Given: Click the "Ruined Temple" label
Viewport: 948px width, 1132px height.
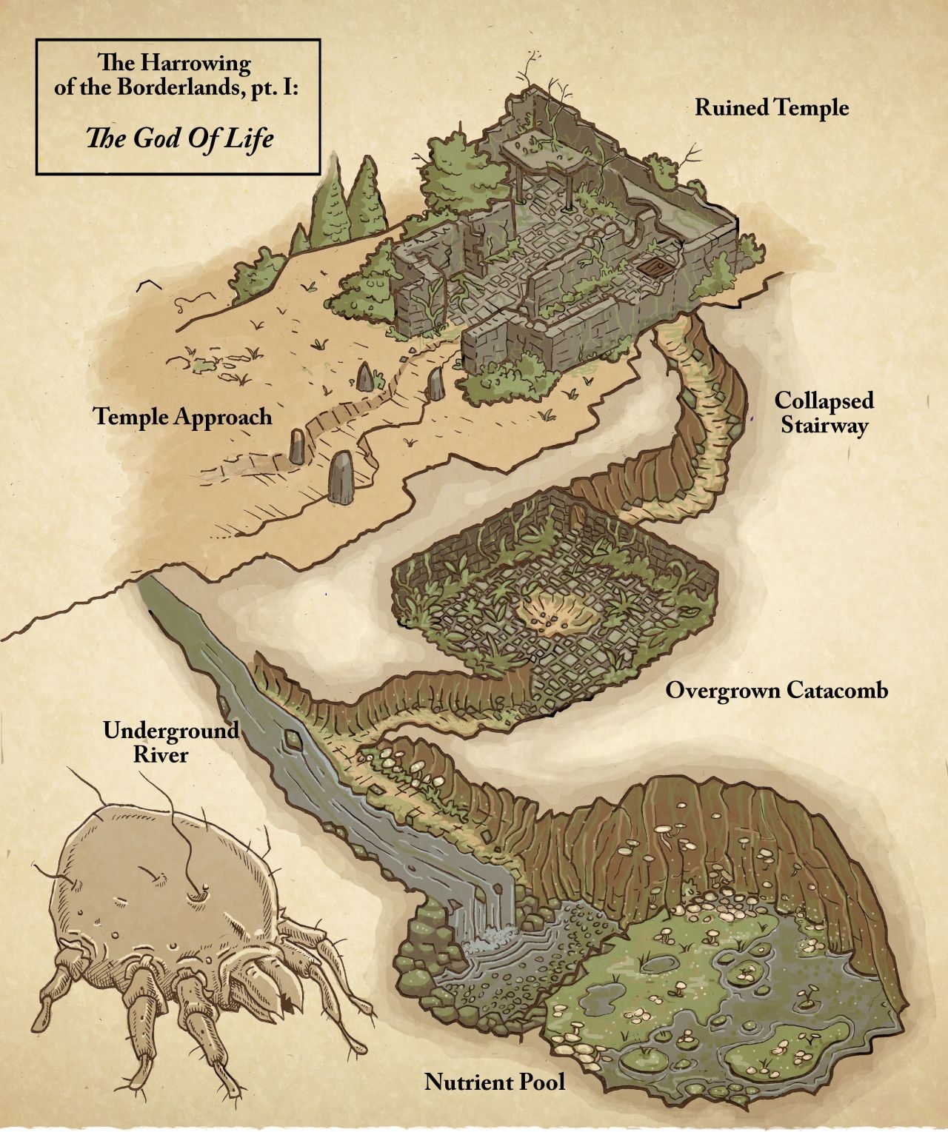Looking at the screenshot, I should click(771, 108).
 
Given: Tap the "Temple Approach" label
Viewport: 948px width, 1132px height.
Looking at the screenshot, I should click(183, 417).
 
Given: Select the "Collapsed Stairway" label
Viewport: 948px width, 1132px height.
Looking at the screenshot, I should click(824, 413).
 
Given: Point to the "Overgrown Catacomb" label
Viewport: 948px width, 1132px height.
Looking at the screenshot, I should click(776, 690).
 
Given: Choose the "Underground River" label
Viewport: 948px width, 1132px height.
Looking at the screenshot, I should click(170, 743).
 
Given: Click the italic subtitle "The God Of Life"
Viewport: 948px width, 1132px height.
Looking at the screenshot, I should click(180, 138).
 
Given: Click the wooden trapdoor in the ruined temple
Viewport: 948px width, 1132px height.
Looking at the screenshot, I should click(655, 267).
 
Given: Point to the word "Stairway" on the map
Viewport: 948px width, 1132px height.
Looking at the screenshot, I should click(824, 426).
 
